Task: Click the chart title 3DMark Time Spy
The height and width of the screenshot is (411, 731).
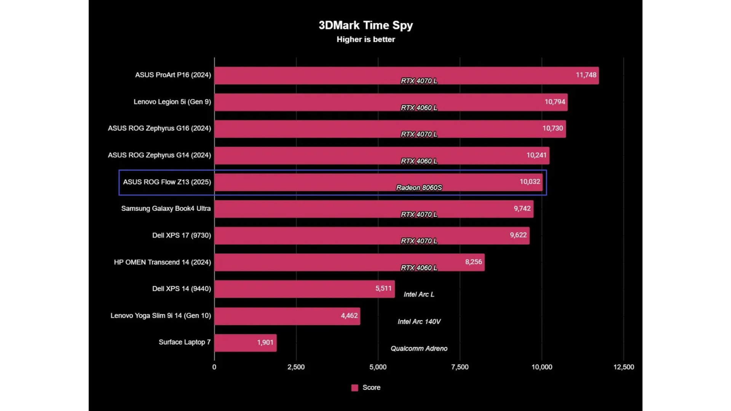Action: tap(365, 25)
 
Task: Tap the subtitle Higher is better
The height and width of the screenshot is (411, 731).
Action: tap(365, 40)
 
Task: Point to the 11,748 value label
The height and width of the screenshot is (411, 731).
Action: tap(586, 75)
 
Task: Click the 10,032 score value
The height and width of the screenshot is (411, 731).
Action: tap(530, 182)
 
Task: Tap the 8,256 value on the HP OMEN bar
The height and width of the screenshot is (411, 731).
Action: tap(473, 262)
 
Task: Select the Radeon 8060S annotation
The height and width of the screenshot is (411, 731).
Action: tap(419, 188)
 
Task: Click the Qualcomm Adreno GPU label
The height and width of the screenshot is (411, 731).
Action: tap(419, 349)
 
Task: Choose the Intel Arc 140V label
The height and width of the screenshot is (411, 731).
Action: tap(419, 322)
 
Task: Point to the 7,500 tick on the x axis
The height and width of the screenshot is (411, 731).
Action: tap(460, 367)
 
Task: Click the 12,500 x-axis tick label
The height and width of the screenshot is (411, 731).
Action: tap(624, 367)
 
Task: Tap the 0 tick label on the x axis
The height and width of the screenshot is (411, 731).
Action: tap(214, 367)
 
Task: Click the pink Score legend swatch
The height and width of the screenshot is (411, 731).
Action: tap(354, 388)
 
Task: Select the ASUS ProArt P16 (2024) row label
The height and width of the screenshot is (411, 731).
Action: tap(173, 75)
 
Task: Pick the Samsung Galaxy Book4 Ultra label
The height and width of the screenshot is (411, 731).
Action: tap(166, 209)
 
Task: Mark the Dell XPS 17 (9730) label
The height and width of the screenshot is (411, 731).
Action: tap(182, 236)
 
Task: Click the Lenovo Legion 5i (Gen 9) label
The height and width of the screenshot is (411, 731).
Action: tap(172, 102)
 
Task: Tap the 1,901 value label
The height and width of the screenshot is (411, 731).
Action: tap(265, 342)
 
